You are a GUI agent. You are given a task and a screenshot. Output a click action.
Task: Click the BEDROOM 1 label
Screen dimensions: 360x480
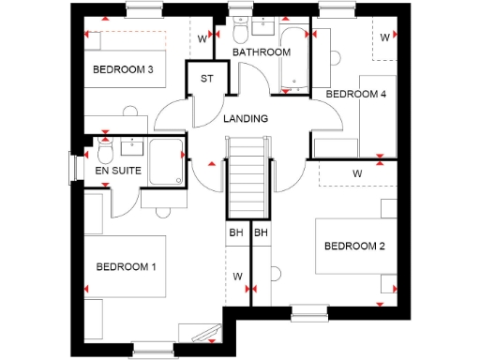(x=126, y=267)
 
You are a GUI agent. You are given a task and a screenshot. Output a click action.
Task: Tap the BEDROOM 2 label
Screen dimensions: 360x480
(x=355, y=247)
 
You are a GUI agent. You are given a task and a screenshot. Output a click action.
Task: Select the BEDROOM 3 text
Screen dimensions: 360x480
(x=123, y=69)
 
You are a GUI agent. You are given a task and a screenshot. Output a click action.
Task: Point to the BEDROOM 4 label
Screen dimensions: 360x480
(x=355, y=94)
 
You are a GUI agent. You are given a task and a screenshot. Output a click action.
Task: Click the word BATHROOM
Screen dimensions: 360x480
(x=262, y=52)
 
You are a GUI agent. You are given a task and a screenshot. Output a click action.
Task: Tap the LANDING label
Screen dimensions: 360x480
(x=246, y=119)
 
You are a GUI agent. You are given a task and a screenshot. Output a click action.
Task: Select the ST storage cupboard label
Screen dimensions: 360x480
(x=206, y=78)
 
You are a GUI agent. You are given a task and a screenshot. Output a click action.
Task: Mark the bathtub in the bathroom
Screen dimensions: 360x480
(x=296, y=61)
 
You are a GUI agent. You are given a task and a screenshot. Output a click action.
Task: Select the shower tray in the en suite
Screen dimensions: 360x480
(x=167, y=160)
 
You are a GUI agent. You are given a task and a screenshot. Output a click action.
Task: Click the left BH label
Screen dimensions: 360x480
(x=235, y=232)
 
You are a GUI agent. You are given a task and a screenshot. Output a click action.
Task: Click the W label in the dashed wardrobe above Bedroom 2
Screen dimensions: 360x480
(x=357, y=173)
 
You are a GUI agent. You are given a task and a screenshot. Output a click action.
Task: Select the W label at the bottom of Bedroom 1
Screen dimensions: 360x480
(x=237, y=277)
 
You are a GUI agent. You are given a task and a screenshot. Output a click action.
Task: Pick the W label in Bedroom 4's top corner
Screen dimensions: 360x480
(x=384, y=37)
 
